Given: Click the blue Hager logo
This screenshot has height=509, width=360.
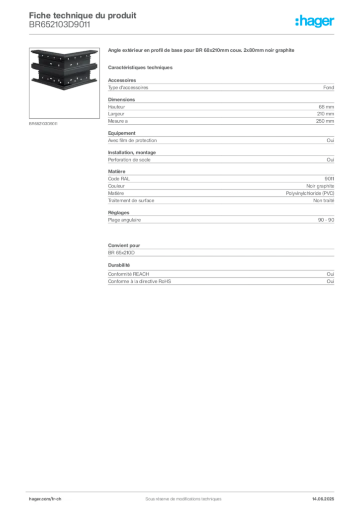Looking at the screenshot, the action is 315,22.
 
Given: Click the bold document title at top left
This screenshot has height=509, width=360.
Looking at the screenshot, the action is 83,15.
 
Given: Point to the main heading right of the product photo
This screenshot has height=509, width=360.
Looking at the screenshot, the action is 203,52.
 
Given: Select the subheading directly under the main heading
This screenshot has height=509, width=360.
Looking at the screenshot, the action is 141,67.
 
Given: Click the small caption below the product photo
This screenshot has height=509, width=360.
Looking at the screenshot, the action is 44,123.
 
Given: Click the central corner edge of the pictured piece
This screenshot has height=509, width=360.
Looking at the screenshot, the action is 63,75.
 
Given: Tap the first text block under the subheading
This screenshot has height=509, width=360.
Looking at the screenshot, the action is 220,86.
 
